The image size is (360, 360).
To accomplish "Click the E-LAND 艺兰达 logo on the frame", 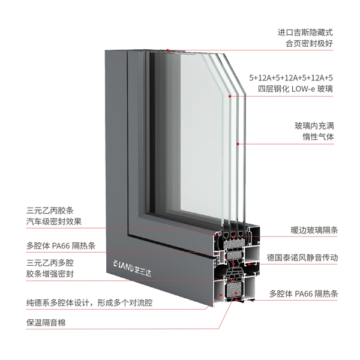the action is click(x=132, y=269).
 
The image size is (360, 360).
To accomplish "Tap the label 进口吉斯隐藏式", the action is click(x=305, y=32).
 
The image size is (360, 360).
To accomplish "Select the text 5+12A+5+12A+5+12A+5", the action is click(x=291, y=78).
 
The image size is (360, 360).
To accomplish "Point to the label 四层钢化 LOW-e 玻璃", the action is click(x=295, y=89).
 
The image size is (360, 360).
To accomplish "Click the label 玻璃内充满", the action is click(x=314, y=126).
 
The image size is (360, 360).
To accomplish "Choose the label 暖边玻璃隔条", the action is click(x=314, y=230).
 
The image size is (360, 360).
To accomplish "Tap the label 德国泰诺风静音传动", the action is click(x=302, y=257).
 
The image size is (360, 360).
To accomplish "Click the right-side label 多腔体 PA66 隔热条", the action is click(x=304, y=293).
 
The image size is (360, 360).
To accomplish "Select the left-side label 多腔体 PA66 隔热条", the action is click(x=61, y=246).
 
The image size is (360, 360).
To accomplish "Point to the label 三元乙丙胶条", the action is click(x=50, y=211).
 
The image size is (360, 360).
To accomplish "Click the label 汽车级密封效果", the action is click(x=54, y=221).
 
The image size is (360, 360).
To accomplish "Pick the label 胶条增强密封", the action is click(x=50, y=274).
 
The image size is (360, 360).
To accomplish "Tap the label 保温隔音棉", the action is click(x=46, y=323).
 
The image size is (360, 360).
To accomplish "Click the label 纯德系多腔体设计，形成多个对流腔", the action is click(x=89, y=303).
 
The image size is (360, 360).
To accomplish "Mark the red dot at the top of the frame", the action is click(x=167, y=50).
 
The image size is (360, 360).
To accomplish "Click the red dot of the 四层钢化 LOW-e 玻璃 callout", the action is click(x=230, y=96).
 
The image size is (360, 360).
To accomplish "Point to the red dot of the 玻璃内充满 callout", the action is click(x=238, y=144).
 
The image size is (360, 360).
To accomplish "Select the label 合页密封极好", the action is click(x=309, y=43).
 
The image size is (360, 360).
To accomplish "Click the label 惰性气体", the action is click(x=318, y=137).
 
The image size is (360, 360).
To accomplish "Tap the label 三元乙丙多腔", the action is click(x=50, y=263).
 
